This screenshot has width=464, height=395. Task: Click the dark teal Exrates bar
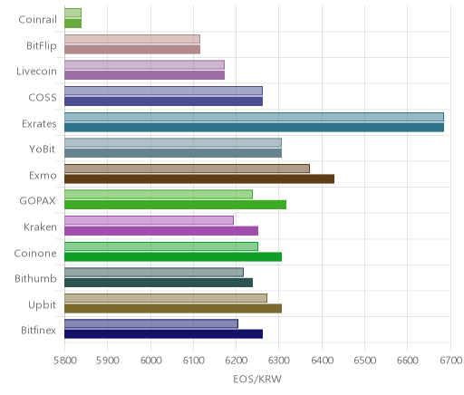[x=254, y=127]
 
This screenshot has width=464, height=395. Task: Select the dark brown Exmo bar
[x=199, y=179]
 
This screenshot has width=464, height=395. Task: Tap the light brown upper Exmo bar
[x=187, y=169]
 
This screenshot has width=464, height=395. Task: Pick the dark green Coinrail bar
[x=72, y=24]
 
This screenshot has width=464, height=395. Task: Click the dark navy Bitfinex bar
[x=163, y=334]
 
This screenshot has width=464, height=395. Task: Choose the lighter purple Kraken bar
[x=149, y=220]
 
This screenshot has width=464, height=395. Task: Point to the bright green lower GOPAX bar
[x=175, y=205]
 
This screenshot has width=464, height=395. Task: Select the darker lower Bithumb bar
[x=159, y=283]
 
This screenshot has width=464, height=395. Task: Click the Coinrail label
[x=37, y=20]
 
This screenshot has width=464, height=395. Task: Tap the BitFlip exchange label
[x=42, y=45]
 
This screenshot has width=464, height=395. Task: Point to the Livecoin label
[x=36, y=72]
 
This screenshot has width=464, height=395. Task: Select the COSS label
[x=43, y=97]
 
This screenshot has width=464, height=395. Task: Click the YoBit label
[x=43, y=149]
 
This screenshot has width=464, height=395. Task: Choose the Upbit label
[x=42, y=305]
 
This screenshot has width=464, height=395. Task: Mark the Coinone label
[x=35, y=253]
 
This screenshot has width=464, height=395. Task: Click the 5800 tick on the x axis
[x=64, y=360]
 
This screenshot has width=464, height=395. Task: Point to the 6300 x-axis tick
[x=278, y=360]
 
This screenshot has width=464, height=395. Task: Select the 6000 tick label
[x=150, y=360]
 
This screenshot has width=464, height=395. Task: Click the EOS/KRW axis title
[x=257, y=379]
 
